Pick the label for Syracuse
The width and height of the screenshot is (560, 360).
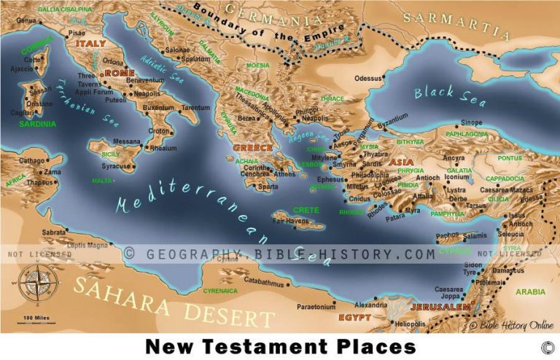tap(116, 166)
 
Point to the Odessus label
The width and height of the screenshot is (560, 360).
tap(367, 78)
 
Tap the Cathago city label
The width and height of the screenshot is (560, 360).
tap(31, 160)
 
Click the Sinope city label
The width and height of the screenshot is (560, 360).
tap(472, 122)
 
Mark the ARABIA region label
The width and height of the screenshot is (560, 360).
tap(530, 292)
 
